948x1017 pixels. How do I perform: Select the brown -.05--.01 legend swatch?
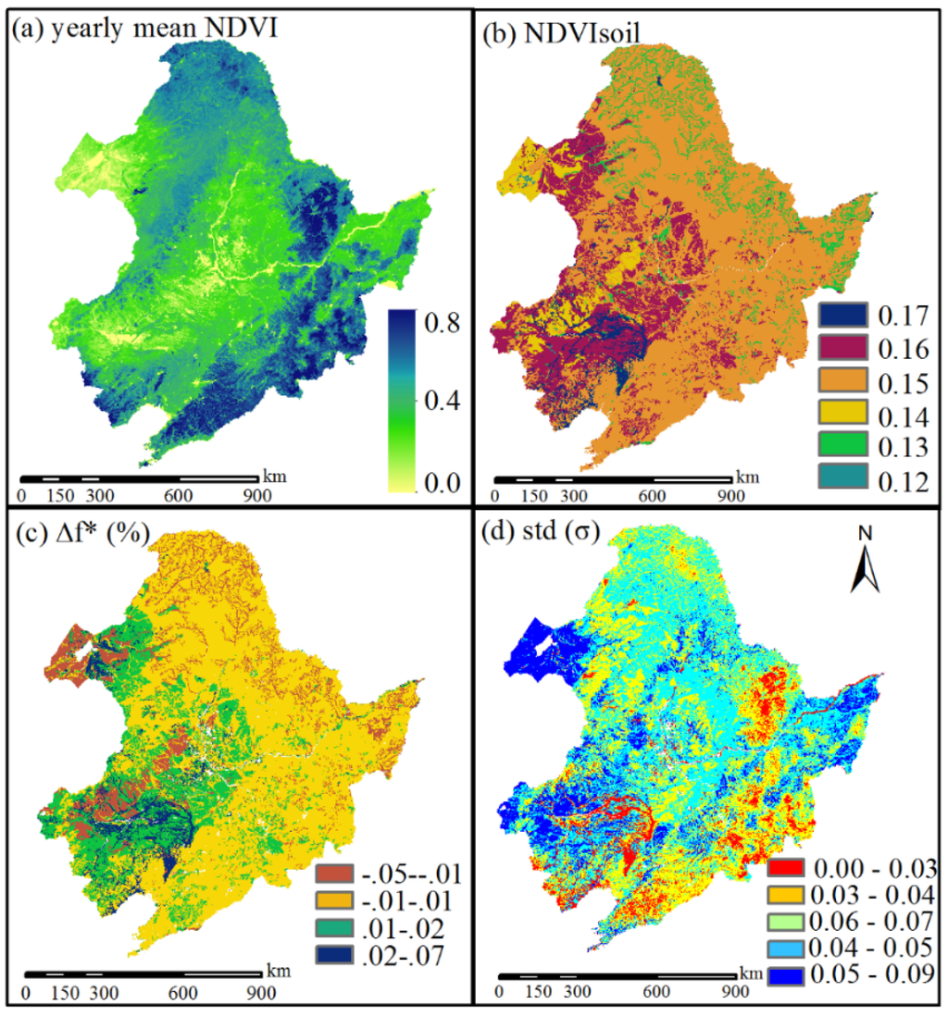coord(342,873)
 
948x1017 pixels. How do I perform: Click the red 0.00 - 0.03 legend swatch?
coord(787,867)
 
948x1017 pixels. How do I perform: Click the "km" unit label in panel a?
coord(274,476)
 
